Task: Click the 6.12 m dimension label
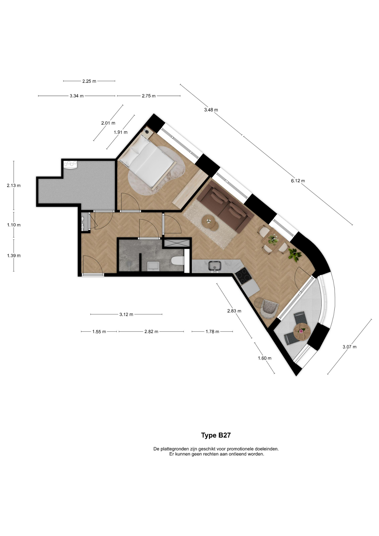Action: point(298,181)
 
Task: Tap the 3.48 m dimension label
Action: point(211,110)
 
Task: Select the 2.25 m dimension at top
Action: point(89,81)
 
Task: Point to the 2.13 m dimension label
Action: point(14,185)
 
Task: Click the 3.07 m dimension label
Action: point(349,347)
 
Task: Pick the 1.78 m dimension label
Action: point(212,332)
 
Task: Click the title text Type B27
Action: point(216,435)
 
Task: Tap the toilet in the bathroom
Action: point(177,261)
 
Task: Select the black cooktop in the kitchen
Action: point(243,276)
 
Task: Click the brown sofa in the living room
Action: point(225,206)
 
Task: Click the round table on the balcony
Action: point(302,331)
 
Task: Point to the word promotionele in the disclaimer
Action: point(240,449)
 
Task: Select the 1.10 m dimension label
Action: point(14,225)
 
